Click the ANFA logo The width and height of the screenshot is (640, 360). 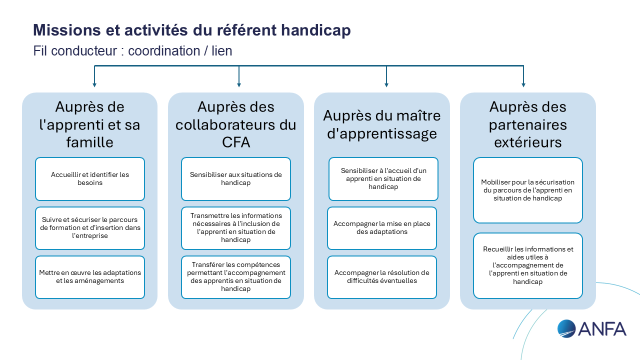click(x=591, y=329)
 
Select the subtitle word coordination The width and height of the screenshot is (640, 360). click(x=164, y=51)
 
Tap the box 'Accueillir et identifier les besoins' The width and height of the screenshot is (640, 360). click(x=90, y=179)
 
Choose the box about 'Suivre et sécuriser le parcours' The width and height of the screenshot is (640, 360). click(x=90, y=228)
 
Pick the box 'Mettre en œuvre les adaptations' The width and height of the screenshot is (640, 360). click(x=90, y=277)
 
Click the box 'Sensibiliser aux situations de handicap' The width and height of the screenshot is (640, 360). click(x=236, y=179)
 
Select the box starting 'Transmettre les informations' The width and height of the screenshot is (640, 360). click(x=236, y=228)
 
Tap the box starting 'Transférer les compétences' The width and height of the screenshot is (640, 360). click(x=236, y=277)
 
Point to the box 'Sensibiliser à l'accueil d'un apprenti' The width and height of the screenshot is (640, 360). click(x=383, y=179)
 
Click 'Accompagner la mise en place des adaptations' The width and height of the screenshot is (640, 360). click(x=382, y=228)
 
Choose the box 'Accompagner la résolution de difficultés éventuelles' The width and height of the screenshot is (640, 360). click(x=382, y=277)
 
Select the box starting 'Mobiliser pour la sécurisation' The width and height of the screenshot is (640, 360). click(x=528, y=190)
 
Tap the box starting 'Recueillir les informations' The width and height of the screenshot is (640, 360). click(x=528, y=265)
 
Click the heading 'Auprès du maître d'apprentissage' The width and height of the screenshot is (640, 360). click(x=382, y=124)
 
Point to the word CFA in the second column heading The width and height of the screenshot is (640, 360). click(x=236, y=142)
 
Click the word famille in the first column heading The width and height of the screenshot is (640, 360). click(x=90, y=142)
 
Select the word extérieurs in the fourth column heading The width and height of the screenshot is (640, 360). click(x=528, y=142)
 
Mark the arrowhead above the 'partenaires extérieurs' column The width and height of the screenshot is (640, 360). click(x=523, y=85)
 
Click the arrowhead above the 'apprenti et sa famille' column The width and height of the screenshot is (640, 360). click(x=94, y=85)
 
